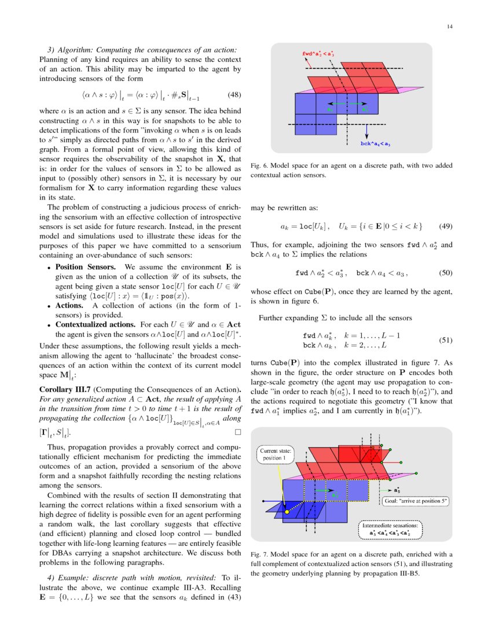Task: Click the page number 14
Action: [449, 27]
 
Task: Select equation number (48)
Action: [234, 94]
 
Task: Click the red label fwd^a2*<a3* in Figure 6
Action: [318, 54]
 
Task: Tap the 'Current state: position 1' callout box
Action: [276, 454]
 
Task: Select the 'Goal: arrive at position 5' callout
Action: [415, 501]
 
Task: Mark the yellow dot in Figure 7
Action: [286, 511]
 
